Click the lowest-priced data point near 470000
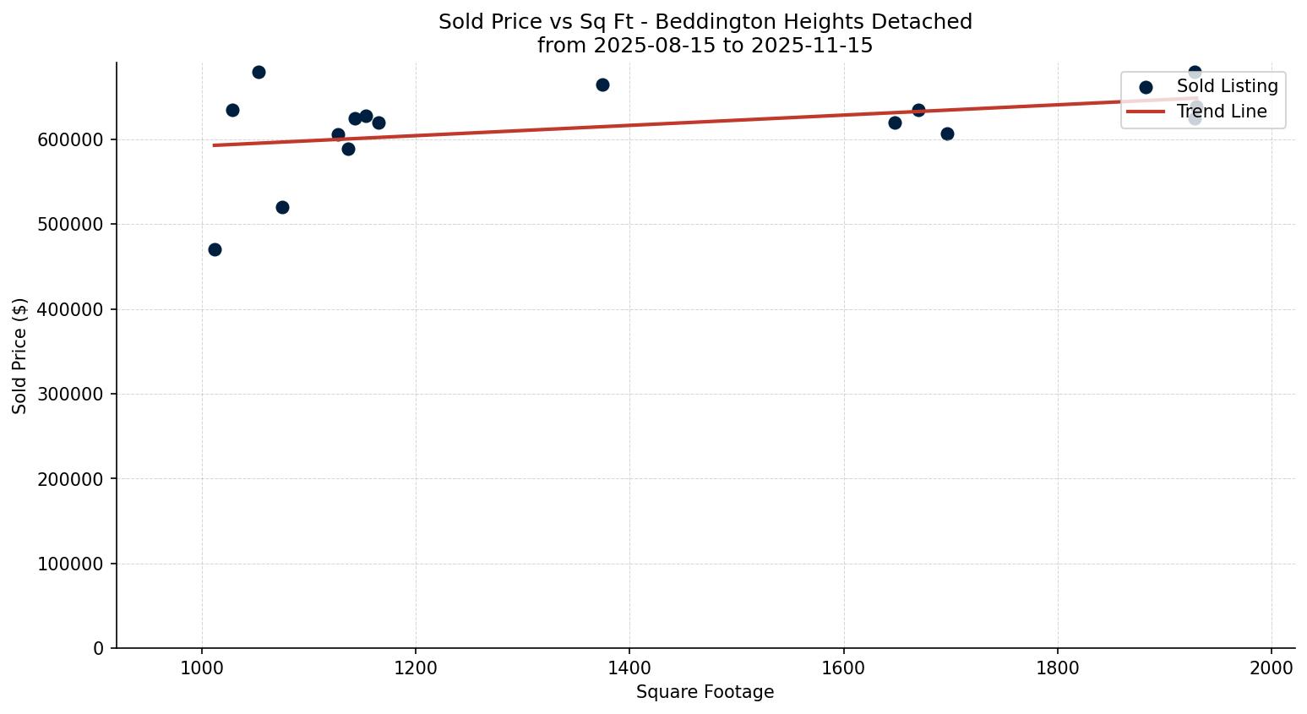click(215, 249)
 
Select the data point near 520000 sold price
click(282, 207)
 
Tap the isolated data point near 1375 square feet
click(602, 84)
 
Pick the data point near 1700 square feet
click(947, 134)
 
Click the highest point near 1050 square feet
click(259, 72)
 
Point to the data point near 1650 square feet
click(895, 123)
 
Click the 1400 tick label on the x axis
click(629, 668)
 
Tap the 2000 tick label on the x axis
click(1272, 668)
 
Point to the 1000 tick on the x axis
click(201, 668)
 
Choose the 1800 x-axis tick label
click(1058, 668)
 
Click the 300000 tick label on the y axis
click(71, 395)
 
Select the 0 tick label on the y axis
click(100, 649)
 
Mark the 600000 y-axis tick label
click(71, 140)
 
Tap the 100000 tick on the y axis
click(71, 564)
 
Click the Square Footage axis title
click(705, 693)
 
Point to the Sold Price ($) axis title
click(20, 356)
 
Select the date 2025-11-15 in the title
click(812, 46)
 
